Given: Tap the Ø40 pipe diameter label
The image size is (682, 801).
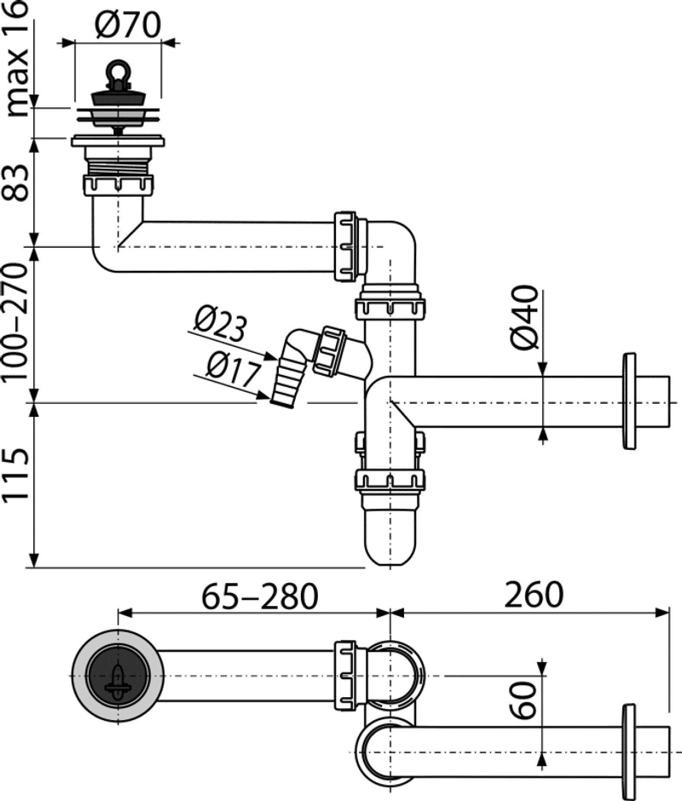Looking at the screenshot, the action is click(x=525, y=318).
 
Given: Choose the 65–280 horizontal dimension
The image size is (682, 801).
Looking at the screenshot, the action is click(x=260, y=596).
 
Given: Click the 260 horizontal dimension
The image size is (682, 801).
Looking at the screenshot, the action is click(x=534, y=595).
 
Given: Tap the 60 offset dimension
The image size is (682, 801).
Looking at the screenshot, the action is click(x=524, y=700).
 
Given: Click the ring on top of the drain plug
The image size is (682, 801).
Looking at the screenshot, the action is click(x=118, y=72).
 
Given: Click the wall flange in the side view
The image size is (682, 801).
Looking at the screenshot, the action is click(x=629, y=401).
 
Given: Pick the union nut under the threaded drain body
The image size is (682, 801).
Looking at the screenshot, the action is click(x=118, y=185).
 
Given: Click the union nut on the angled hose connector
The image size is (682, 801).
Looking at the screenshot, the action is click(x=331, y=351).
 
